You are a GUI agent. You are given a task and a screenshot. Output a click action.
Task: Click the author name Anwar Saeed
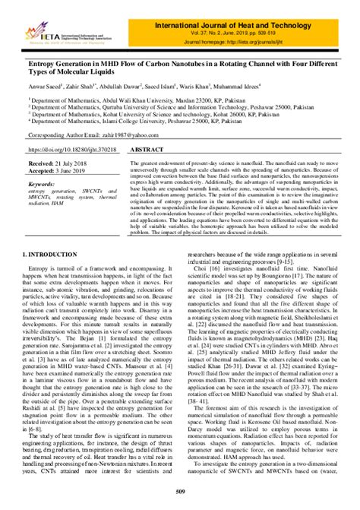tap(46, 87)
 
